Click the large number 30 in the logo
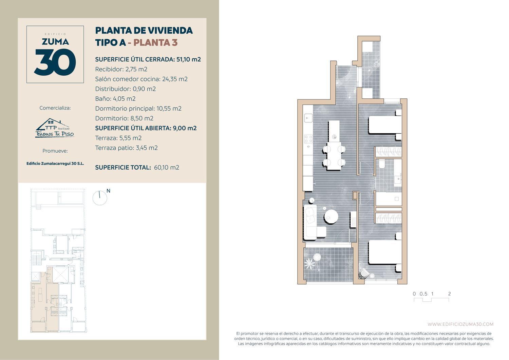click(55, 62)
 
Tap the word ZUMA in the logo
click(55, 42)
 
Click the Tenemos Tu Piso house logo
click(55, 128)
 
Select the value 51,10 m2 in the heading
click(189, 59)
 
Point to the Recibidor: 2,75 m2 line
click(121, 69)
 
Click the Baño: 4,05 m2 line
click(115, 99)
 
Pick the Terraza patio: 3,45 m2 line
click(126, 148)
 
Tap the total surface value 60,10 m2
click(167, 168)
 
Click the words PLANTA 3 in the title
click(155, 42)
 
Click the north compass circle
click(100, 198)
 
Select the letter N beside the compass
click(108, 191)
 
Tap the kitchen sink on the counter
click(308, 118)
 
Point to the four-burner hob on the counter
click(308, 139)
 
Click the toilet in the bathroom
click(382, 164)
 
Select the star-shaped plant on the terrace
click(309, 264)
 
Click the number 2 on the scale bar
click(449, 294)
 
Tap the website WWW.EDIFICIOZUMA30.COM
click(460, 324)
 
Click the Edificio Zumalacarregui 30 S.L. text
click(55, 164)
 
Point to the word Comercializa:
click(55, 108)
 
